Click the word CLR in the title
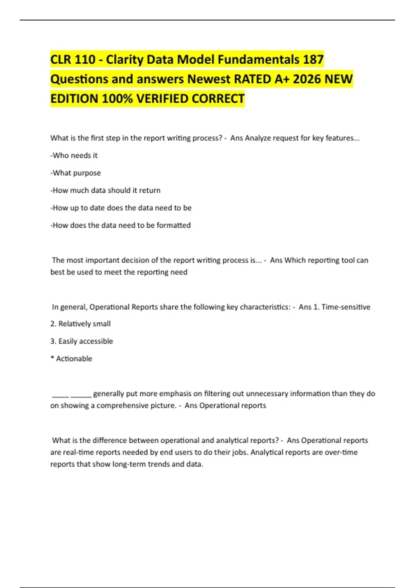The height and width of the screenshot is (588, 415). tap(61, 59)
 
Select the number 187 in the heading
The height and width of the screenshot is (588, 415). tap(313, 59)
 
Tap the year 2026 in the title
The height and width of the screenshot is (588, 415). tap(306, 79)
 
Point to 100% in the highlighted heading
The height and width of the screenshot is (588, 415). tap(117, 99)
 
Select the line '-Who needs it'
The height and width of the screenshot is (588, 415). tap(74, 156)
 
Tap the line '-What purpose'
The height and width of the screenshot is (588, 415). tap(76, 173)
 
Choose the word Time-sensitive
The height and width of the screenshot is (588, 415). tap(346, 307)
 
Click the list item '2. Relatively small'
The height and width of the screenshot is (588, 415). tap(81, 324)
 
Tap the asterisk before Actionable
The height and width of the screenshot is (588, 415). tap(52, 358)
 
